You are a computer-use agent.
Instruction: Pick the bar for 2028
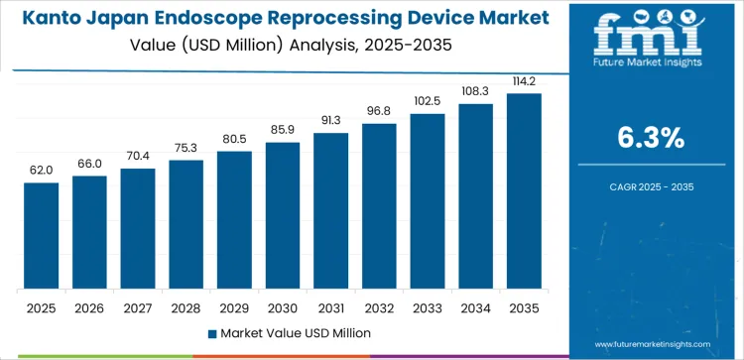click(x=186, y=225)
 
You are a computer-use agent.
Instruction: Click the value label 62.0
click(x=42, y=171)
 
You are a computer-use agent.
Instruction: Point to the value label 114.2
click(x=524, y=81)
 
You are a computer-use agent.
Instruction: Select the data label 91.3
click(x=331, y=120)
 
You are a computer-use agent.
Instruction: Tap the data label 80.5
click(x=234, y=139)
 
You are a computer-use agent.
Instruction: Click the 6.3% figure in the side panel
click(x=652, y=139)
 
